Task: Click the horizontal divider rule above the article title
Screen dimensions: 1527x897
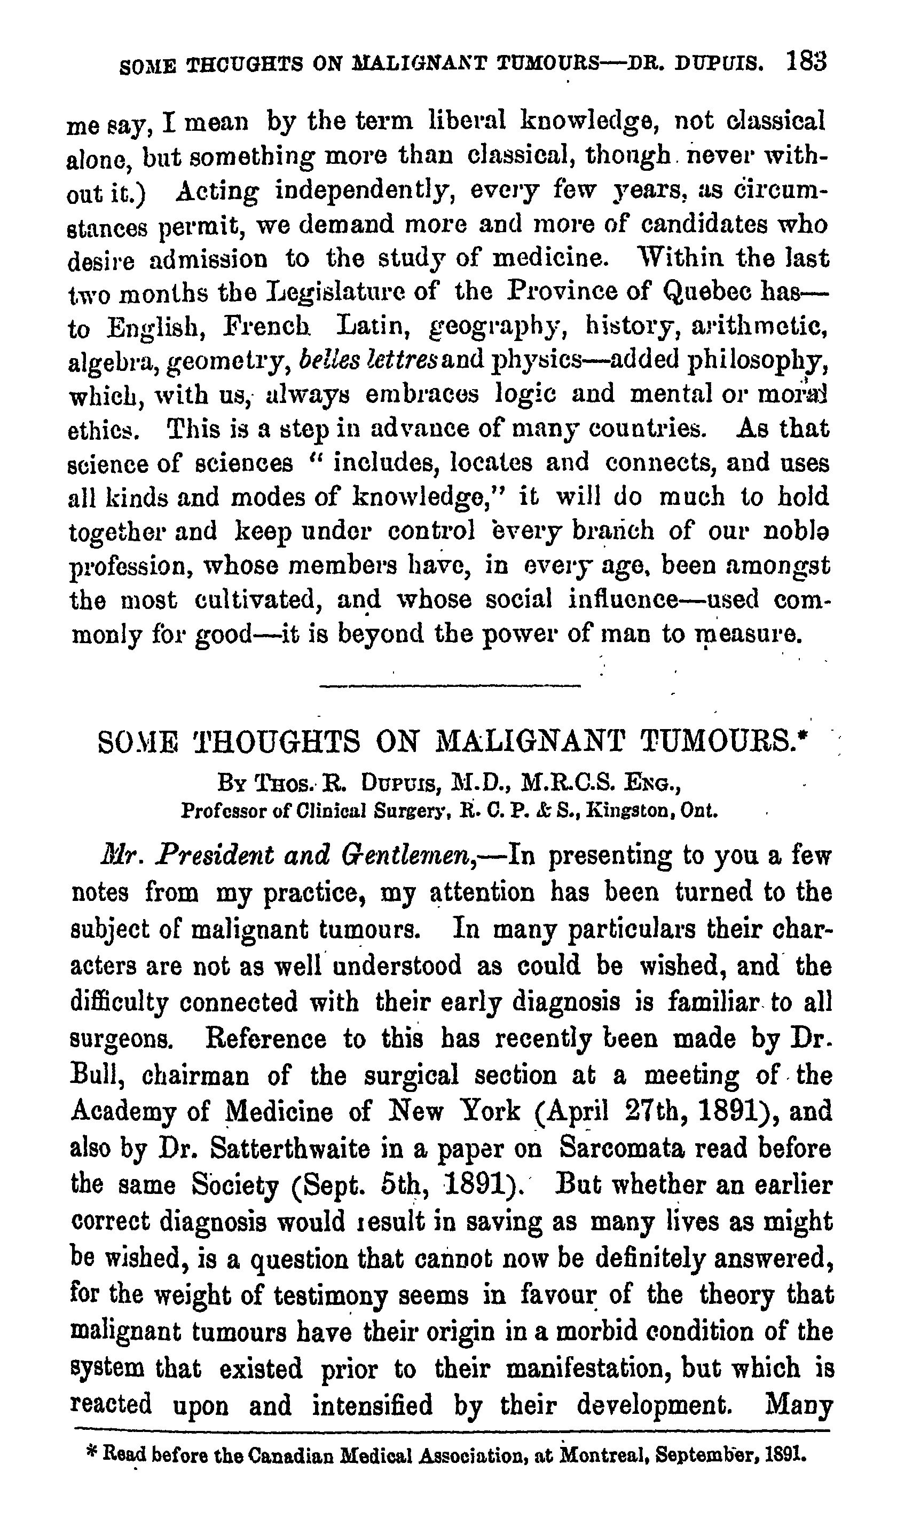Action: coord(449,686)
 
